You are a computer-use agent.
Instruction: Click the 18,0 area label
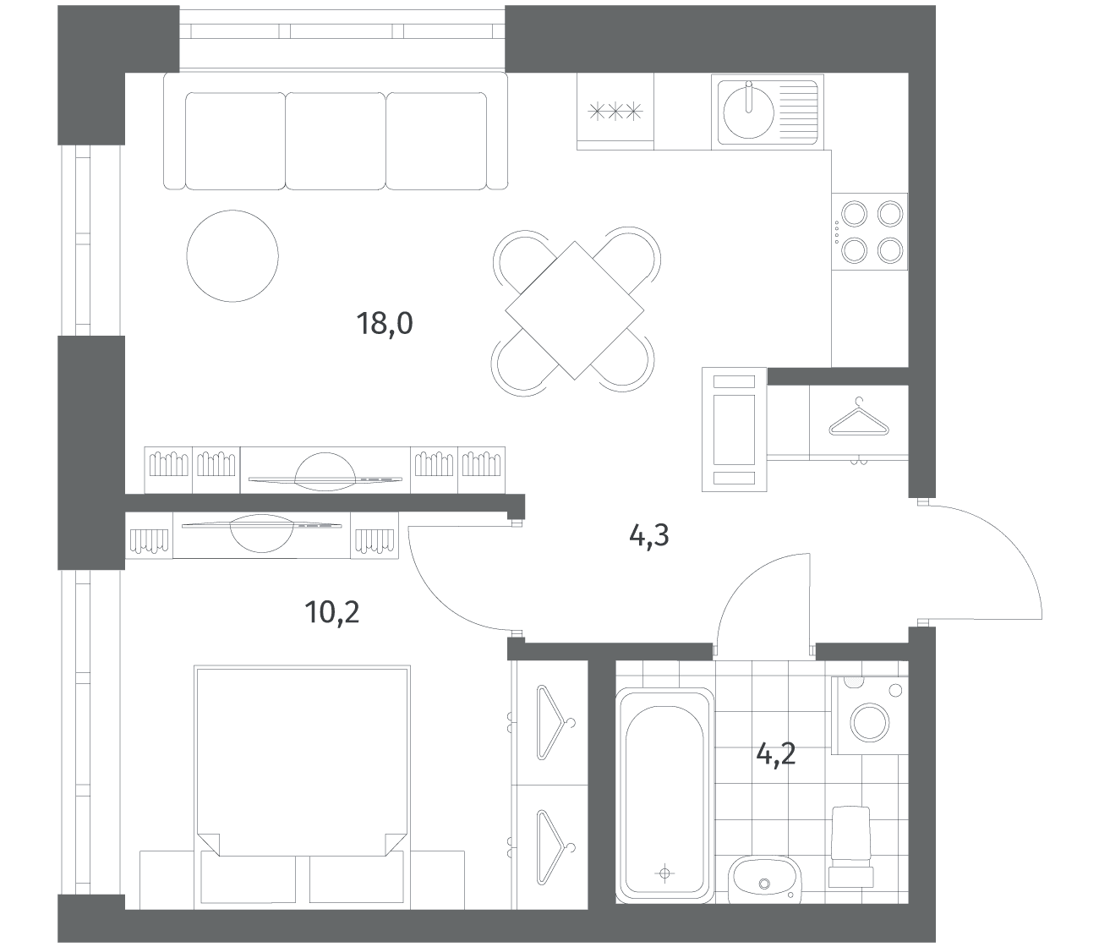point(385,324)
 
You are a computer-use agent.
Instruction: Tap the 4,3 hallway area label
point(648,535)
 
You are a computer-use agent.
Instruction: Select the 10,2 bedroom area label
point(331,612)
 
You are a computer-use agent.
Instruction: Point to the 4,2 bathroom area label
point(776,754)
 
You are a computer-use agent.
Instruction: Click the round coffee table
point(232,255)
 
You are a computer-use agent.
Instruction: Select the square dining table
point(574,310)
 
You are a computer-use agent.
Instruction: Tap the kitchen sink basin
point(749,112)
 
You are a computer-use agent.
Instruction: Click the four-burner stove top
point(870,232)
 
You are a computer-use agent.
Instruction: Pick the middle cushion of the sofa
point(336,141)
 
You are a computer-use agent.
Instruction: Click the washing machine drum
point(870,723)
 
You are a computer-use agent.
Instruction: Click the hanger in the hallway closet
point(859,418)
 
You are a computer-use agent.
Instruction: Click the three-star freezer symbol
point(615,112)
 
